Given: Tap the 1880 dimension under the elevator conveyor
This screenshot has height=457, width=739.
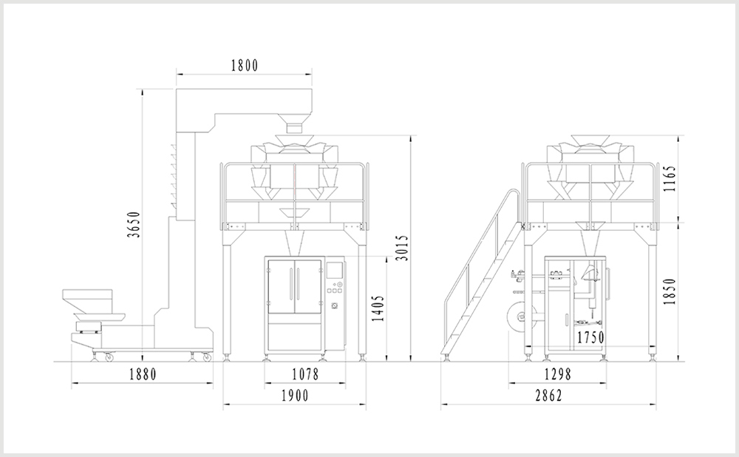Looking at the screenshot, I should (142, 374).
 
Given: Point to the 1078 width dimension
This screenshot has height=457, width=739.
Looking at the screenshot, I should (304, 374).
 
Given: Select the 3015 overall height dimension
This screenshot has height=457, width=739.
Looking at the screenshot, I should (401, 248).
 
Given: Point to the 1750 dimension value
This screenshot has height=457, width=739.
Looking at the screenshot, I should (590, 337).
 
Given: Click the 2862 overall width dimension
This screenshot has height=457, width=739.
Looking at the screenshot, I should (548, 396).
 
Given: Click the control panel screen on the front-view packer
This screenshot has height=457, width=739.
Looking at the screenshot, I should (337, 271).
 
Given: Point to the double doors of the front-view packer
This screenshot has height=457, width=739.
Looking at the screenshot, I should (293, 287).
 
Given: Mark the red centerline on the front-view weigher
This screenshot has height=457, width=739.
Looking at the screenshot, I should (294, 181).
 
